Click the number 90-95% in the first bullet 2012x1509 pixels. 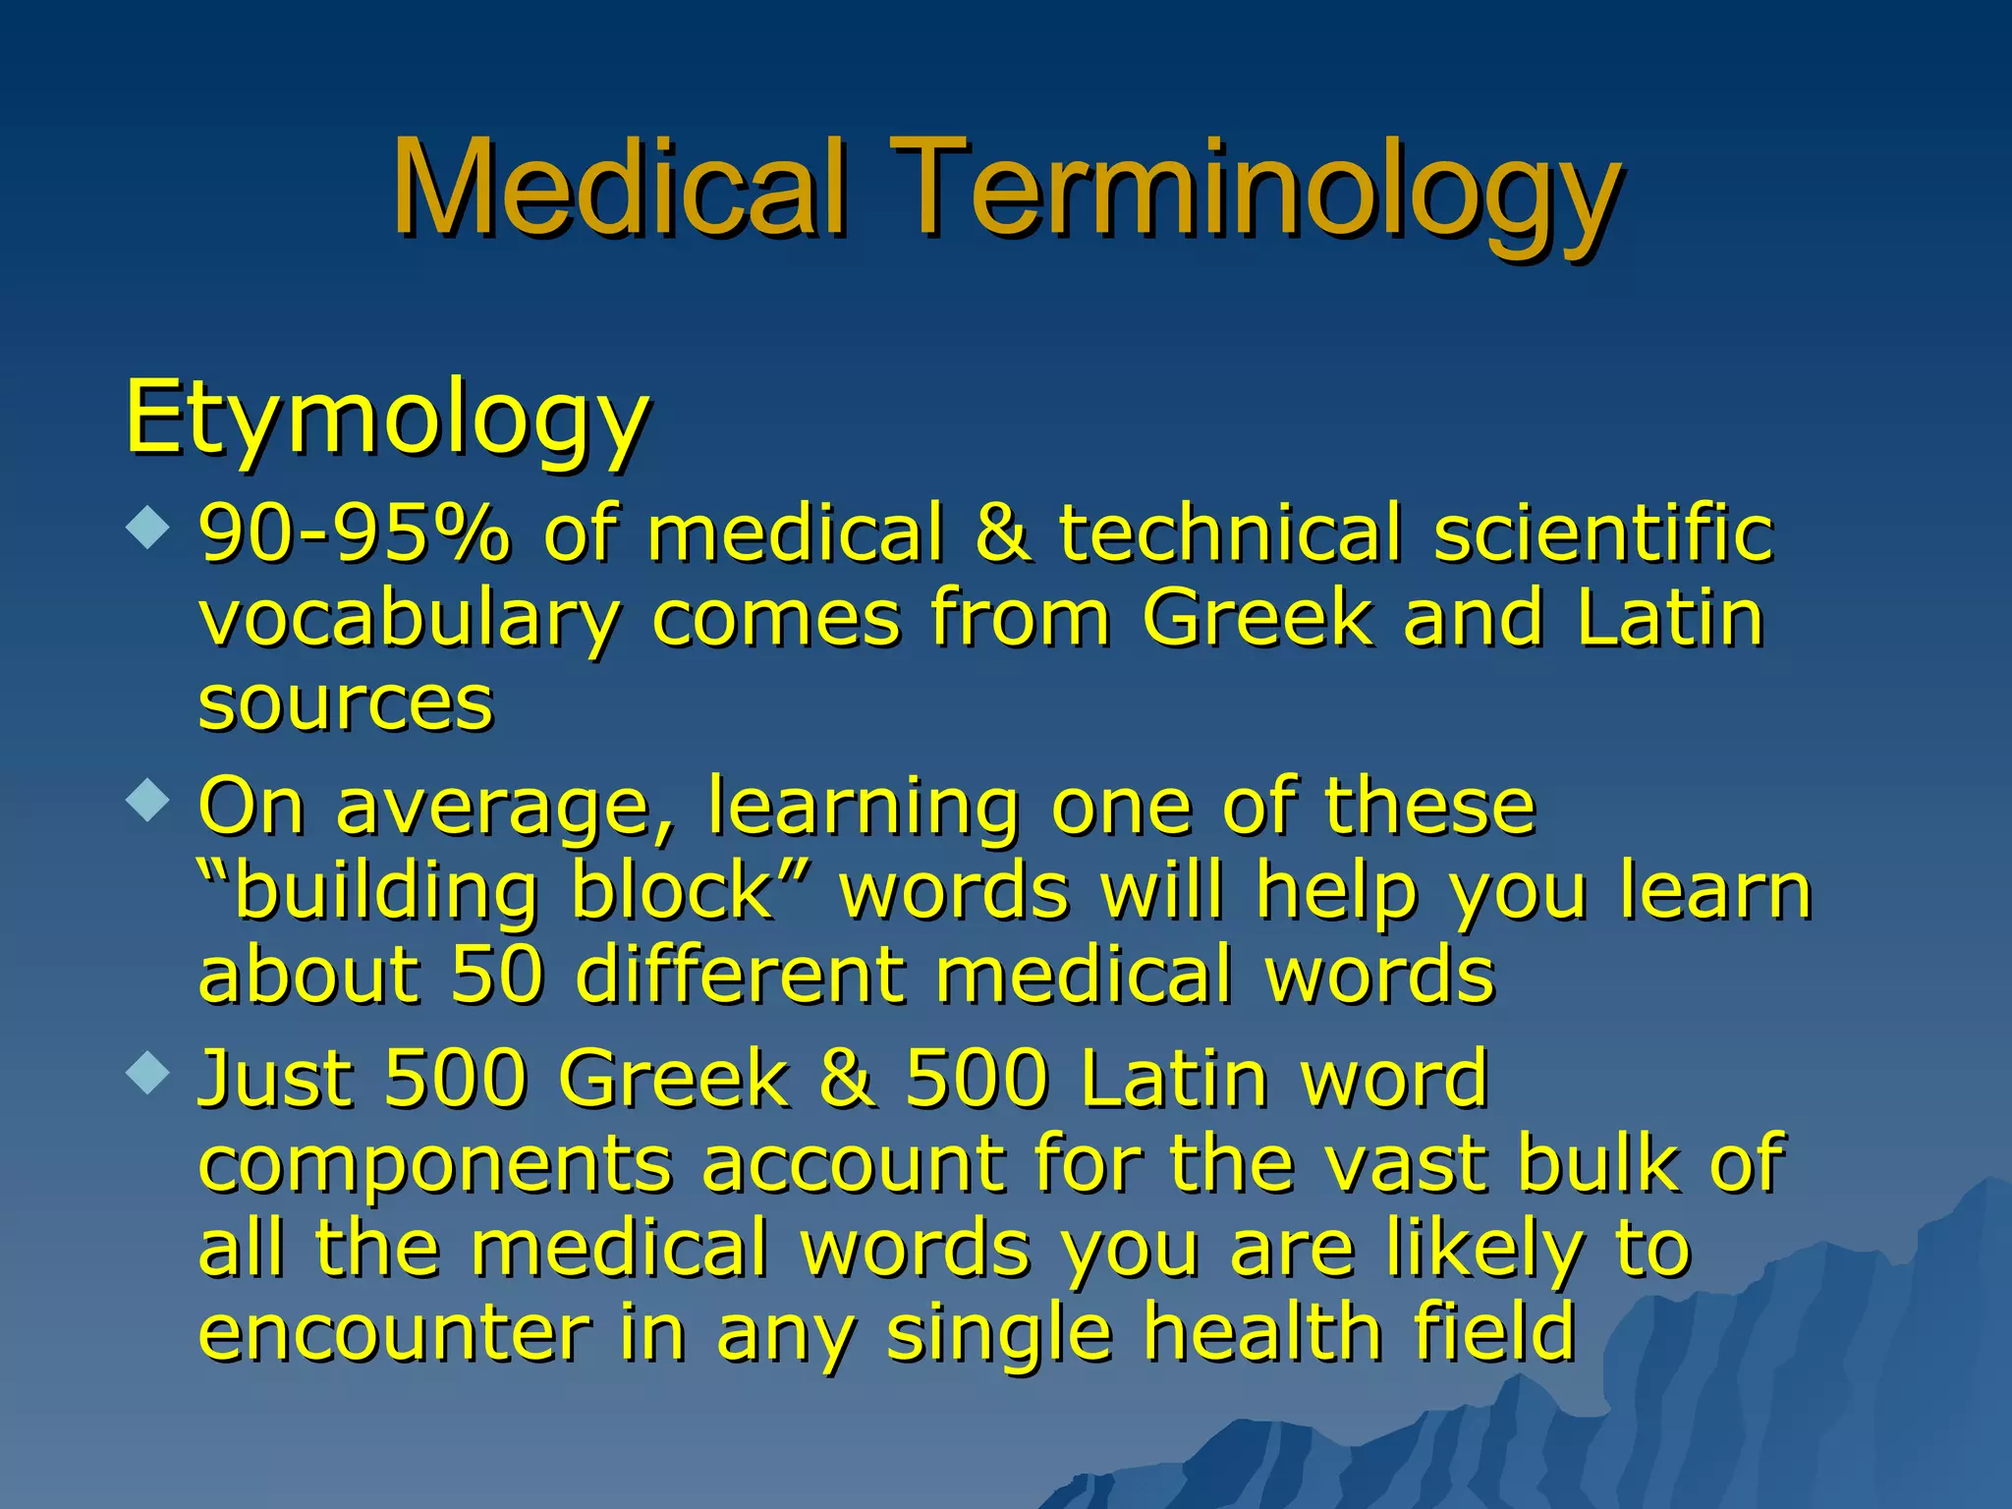tap(355, 533)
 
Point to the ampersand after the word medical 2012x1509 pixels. tap(1003, 533)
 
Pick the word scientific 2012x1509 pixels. tap(1603, 533)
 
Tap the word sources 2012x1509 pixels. tap(345, 704)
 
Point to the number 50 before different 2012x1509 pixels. tap(497, 975)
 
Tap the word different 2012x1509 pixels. tap(740, 975)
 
